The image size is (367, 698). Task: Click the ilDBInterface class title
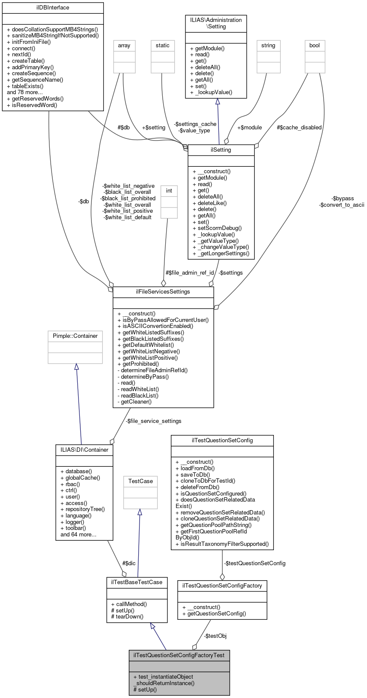(53, 7)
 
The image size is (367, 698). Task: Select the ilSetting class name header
(221, 150)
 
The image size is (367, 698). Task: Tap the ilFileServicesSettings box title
(163, 292)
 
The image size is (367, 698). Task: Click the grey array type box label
(124, 46)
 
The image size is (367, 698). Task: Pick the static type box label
(163, 46)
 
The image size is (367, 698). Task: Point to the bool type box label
(315, 46)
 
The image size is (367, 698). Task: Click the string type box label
(268, 46)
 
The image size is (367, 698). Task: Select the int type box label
(169, 191)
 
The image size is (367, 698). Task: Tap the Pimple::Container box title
(75, 336)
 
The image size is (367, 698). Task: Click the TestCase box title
(140, 481)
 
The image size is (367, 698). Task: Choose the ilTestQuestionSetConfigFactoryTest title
(179, 655)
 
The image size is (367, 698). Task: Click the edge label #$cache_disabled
(299, 128)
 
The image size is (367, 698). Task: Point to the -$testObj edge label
(215, 636)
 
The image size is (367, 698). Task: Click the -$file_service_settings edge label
(154, 421)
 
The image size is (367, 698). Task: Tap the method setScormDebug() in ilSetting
(217, 228)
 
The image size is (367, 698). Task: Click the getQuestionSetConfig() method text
(214, 614)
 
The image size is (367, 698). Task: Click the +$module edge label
(249, 128)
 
